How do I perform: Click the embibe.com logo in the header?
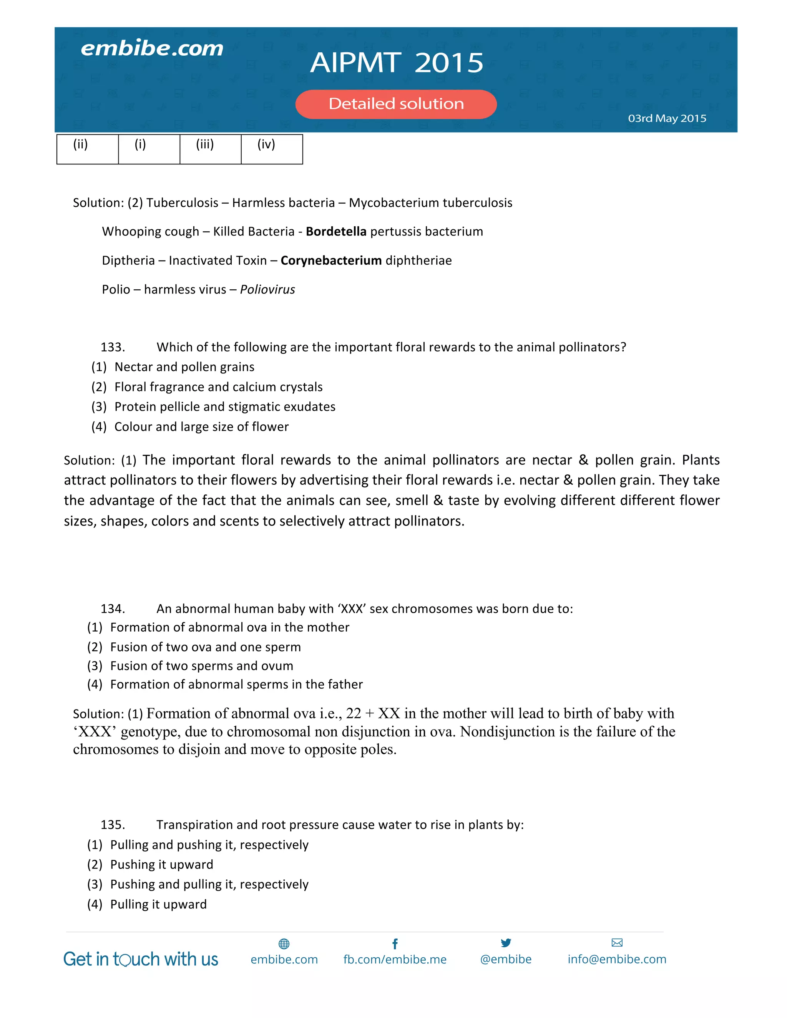pyautogui.click(x=152, y=48)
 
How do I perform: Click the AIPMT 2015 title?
pyautogui.click(x=397, y=63)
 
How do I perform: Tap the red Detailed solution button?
pyautogui.click(x=396, y=104)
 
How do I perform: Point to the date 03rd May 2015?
pyautogui.click(x=667, y=118)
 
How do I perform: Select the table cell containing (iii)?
pyautogui.click(x=210, y=149)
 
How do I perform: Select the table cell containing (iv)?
pyautogui.click(x=271, y=149)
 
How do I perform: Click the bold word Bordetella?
pyautogui.click(x=336, y=232)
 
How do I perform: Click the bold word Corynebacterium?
pyautogui.click(x=331, y=260)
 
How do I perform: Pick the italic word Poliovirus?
pyautogui.click(x=267, y=290)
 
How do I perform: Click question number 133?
pyautogui.click(x=112, y=347)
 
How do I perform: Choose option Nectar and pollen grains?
pyautogui.click(x=184, y=367)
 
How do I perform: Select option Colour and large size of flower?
pyautogui.click(x=201, y=427)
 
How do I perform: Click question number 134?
pyautogui.click(x=112, y=609)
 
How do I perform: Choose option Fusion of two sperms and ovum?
pyautogui.click(x=201, y=666)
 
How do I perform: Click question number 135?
pyautogui.click(x=112, y=825)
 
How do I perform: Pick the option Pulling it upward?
pyautogui.click(x=158, y=905)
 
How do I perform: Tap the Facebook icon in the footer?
pyautogui.click(x=395, y=944)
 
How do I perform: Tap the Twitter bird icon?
pyautogui.click(x=506, y=943)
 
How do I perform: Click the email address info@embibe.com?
pyautogui.click(x=617, y=959)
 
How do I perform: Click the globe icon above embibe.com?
pyautogui.click(x=284, y=944)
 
